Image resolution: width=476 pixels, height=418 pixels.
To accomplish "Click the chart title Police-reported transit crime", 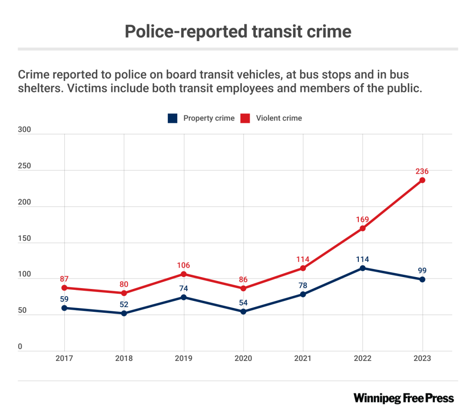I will tap(238, 31).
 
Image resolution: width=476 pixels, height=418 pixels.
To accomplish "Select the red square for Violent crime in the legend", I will tap(245, 118).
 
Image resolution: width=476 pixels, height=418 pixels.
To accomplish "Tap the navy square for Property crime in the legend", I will tap(172, 118).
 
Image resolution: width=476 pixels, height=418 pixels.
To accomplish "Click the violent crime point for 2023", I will tap(422, 180).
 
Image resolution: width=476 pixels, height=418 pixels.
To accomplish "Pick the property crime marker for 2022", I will tap(363, 268).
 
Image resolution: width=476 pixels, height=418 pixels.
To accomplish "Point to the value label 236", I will tap(422, 171).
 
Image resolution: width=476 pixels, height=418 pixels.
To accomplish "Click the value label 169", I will tap(363, 219).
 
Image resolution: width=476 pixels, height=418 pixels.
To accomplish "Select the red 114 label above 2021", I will tap(303, 259).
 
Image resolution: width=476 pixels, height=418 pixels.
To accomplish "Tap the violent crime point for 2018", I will tap(124, 293).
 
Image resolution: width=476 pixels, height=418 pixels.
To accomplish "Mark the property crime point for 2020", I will tap(243, 311).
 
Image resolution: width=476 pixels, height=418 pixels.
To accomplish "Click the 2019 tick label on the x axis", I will tap(183, 358).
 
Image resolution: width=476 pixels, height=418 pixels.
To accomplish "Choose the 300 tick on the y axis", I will tap(24, 130).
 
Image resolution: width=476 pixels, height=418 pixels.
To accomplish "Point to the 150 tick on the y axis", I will tap(24, 239).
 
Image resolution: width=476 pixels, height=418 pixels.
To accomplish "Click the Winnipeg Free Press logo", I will tap(404, 398).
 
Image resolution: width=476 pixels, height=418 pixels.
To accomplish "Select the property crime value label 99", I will tap(422, 270).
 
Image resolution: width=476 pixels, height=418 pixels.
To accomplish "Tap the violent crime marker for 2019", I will tap(183, 274).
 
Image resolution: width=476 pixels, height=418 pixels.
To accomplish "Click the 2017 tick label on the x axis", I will tap(64, 358).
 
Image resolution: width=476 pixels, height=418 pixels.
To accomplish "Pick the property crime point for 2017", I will tap(64, 308).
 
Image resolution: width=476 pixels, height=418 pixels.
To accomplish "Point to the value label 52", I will tap(124, 304).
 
